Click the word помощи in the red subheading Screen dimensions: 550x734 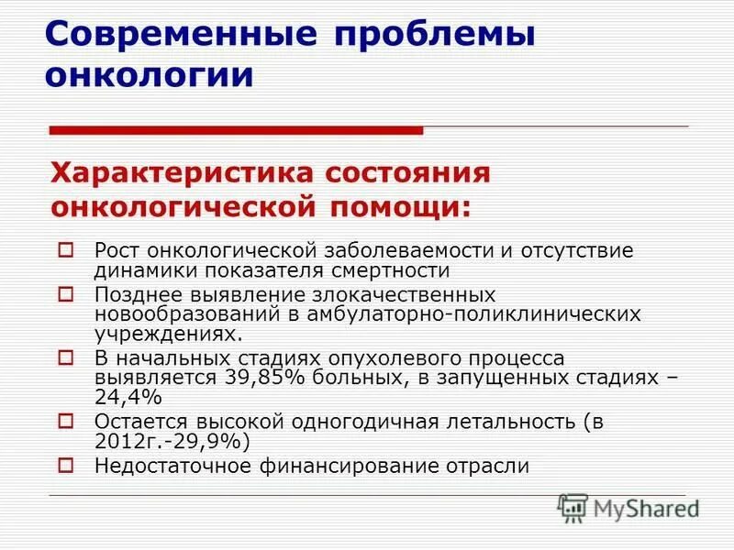click(x=395, y=208)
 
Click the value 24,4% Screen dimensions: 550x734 click(x=128, y=397)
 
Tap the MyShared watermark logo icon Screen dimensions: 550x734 click(x=573, y=507)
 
